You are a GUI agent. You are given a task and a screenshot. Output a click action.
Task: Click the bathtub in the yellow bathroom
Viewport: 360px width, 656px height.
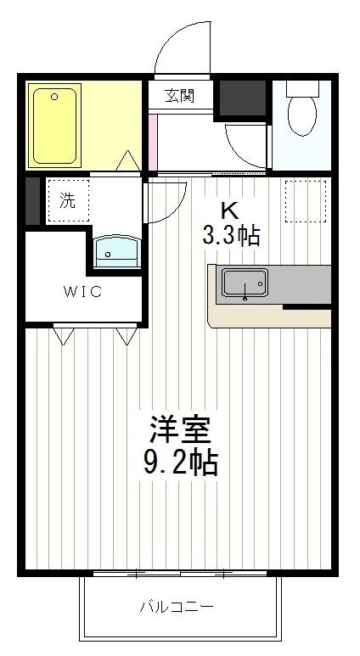click(55, 125)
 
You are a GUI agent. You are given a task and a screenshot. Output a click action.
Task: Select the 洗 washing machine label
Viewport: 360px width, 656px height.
click(67, 201)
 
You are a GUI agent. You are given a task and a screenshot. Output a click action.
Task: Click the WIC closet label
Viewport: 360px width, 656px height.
click(82, 292)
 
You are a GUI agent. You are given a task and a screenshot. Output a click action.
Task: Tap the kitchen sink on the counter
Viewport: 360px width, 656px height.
click(245, 284)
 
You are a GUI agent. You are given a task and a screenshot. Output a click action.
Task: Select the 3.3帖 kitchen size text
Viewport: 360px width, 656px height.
click(230, 235)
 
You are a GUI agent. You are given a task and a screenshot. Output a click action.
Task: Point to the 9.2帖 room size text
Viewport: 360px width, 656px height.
click(180, 463)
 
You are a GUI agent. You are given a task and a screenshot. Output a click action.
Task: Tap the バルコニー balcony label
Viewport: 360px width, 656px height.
click(177, 608)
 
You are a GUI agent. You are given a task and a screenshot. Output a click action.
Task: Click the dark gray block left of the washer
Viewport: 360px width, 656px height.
click(32, 201)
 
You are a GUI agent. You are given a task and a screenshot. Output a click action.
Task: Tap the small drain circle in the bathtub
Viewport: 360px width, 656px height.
click(54, 98)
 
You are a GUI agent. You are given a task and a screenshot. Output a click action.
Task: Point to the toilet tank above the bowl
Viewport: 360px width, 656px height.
click(301, 87)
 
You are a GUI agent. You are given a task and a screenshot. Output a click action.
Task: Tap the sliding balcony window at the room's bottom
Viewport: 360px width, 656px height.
click(180, 575)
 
